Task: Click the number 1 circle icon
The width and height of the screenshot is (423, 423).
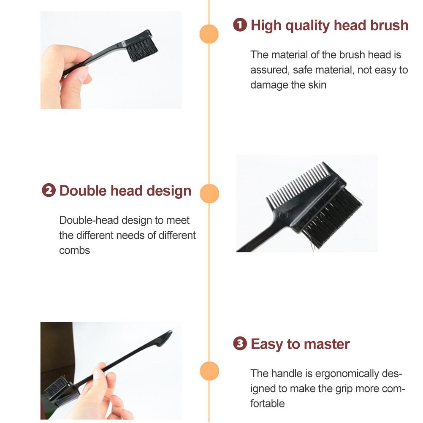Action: click(240, 25)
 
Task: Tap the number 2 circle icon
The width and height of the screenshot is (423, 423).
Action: click(49, 190)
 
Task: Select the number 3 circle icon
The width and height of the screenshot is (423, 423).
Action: click(240, 344)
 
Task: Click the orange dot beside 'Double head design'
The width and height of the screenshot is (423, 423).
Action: click(209, 193)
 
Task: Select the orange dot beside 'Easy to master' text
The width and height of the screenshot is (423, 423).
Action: click(209, 371)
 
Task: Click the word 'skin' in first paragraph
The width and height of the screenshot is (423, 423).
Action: click(317, 84)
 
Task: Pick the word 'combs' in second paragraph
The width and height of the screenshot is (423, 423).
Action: click(74, 250)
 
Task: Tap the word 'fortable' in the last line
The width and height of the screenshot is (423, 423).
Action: click(267, 403)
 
